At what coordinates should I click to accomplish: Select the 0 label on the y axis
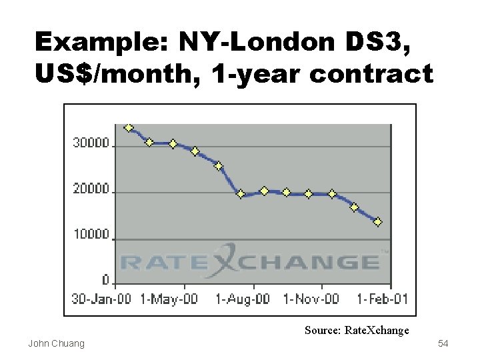coord(105,280)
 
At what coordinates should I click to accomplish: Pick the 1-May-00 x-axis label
coord(169,299)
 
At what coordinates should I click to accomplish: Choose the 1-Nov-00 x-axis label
coord(311,299)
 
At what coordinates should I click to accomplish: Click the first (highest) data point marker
coord(129,127)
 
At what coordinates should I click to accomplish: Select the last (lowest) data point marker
coord(378,222)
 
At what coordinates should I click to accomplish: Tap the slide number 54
coord(443,343)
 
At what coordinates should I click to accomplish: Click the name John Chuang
coord(56,343)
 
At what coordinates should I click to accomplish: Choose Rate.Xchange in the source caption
coord(377,330)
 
